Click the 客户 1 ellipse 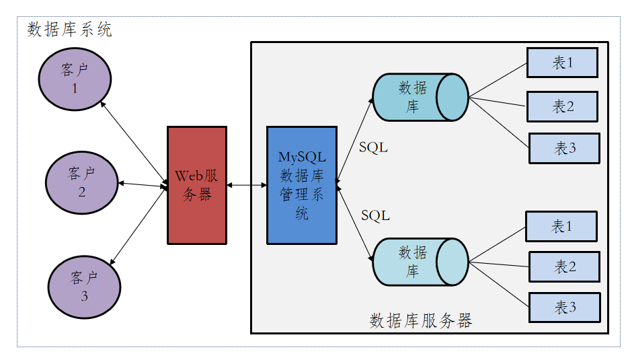point(75,79)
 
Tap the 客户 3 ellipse point(84,286)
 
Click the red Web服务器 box point(197,185)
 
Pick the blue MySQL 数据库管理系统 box point(302,185)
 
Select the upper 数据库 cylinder point(420,97)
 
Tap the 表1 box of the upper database point(562,63)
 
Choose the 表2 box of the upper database point(562,106)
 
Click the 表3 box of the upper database point(564,148)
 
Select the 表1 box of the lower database point(561,227)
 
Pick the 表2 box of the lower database point(564,266)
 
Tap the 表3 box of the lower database point(564,308)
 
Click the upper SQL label point(373,147)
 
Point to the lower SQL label point(375,215)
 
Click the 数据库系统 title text point(69,30)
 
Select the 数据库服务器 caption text point(421,320)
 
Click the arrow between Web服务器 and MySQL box point(247,185)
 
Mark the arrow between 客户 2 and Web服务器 point(143,184)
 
